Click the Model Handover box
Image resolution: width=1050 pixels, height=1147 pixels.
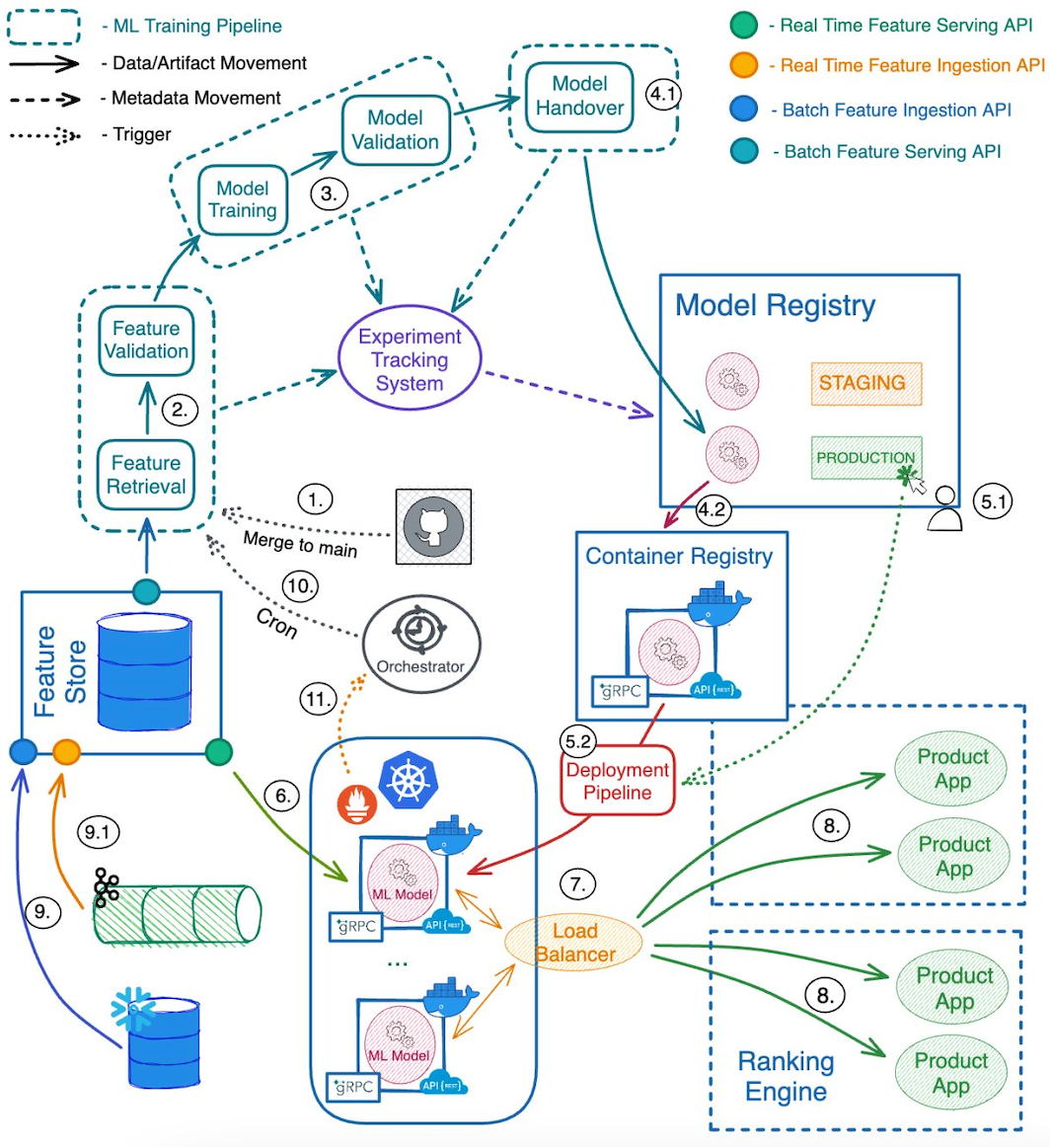pos(579,97)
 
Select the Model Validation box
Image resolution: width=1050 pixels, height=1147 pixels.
pos(396,130)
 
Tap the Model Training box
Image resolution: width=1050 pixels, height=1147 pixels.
pos(243,199)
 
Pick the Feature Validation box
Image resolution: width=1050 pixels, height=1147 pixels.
pos(146,341)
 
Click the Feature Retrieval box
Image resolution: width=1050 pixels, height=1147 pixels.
pos(146,475)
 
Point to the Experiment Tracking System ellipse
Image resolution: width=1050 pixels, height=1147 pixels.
pos(410,358)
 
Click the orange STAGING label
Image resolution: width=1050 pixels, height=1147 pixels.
pos(866,383)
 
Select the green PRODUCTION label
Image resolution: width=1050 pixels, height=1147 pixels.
pos(866,458)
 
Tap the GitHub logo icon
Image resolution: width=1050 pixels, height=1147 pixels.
pos(433,527)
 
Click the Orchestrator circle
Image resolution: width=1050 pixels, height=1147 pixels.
pos(422,644)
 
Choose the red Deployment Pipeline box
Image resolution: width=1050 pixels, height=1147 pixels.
pos(617,781)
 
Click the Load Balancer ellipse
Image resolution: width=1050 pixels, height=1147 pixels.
pos(574,942)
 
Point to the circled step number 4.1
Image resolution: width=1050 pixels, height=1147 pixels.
pos(663,94)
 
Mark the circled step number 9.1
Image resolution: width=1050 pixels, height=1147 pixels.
pos(98,832)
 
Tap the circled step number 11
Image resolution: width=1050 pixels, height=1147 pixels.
pos(318,699)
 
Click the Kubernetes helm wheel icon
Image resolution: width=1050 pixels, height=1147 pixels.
pos(408,780)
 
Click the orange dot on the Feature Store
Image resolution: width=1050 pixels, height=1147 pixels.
pos(66,751)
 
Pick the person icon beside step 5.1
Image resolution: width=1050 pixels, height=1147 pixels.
pos(944,508)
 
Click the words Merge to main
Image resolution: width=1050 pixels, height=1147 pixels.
pos(300,544)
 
